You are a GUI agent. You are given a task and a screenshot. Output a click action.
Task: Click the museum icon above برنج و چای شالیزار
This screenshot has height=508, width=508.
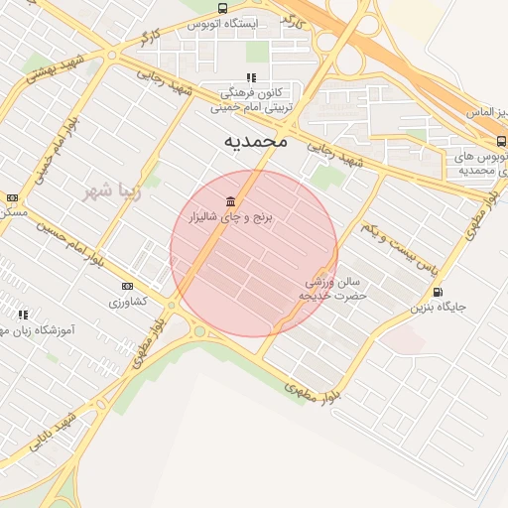click(x=230, y=201)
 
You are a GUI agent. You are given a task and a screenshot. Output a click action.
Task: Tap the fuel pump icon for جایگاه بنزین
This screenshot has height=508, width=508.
click(x=438, y=292)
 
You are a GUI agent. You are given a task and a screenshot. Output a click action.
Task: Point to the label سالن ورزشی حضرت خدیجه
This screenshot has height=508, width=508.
click(x=336, y=289)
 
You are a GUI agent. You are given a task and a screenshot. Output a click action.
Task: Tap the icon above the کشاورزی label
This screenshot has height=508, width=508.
click(x=113, y=286)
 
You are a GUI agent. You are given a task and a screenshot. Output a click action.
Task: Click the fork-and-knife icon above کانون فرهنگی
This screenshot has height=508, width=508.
click(x=252, y=76)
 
